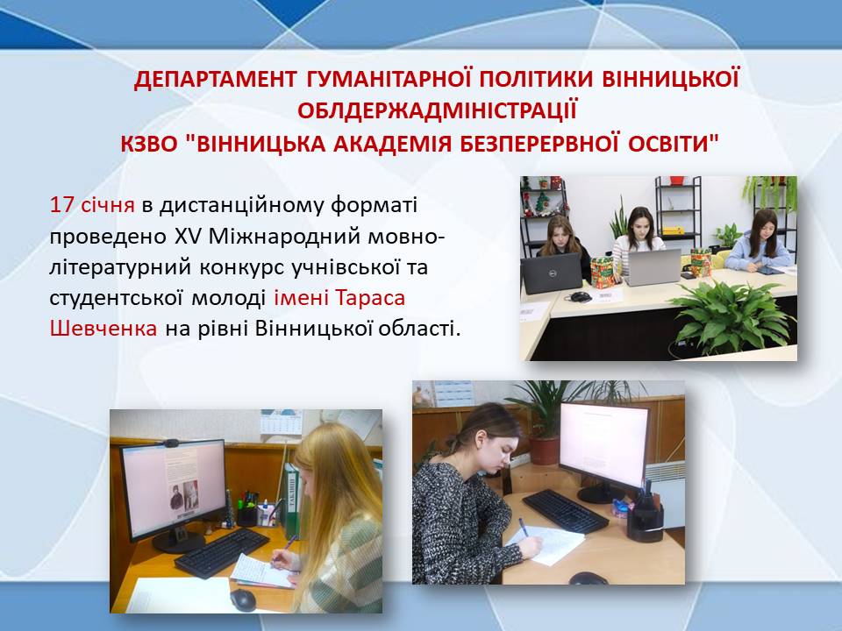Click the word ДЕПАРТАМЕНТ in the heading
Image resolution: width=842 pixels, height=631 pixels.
tap(215, 80)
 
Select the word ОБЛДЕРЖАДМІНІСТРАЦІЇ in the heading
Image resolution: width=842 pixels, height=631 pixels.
tap(437, 110)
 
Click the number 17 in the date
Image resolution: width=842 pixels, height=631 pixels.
tap(61, 205)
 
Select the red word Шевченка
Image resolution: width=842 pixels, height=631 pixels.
tap(103, 329)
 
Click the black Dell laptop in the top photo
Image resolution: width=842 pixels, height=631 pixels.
tap(551, 273)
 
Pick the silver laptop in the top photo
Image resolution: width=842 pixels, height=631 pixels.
tap(653, 267)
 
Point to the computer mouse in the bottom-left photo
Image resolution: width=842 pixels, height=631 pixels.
tap(243, 599)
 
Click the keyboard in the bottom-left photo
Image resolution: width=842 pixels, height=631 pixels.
tap(221, 552)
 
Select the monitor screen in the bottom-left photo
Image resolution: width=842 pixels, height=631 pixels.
tap(174, 490)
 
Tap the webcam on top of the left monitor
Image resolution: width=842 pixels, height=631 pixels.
tap(170, 443)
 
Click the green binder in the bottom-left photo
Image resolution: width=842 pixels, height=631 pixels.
tap(291, 500)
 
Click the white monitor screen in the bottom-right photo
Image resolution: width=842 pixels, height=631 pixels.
tap(603, 445)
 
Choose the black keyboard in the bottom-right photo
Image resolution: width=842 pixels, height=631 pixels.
tap(565, 511)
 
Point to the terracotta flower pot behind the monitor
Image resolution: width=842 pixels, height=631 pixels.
tap(544, 450)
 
